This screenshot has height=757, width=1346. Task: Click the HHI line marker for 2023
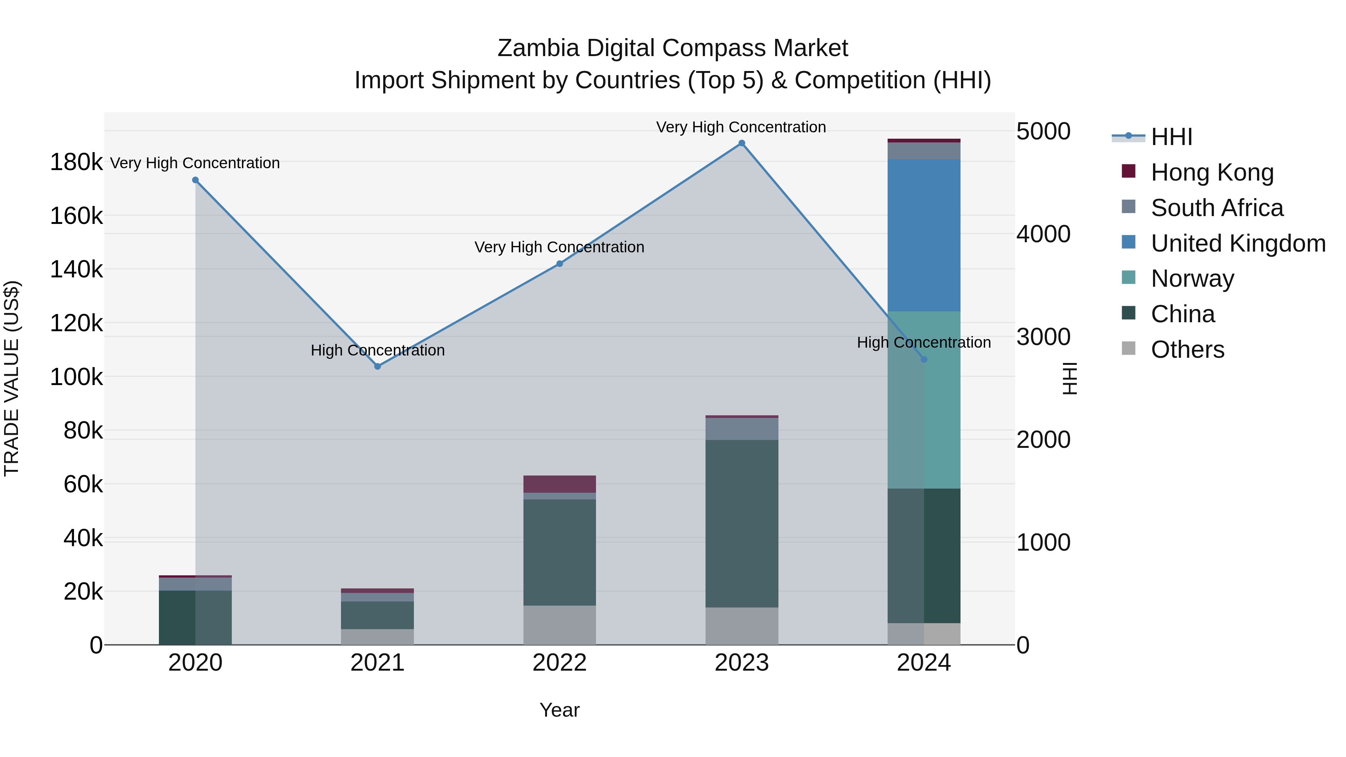coord(741,143)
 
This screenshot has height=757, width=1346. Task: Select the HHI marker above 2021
coord(378,366)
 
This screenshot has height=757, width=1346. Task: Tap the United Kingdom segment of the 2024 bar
coord(924,235)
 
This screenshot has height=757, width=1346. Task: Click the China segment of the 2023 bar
coord(741,523)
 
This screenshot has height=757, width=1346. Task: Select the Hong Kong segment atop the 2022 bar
coord(560,484)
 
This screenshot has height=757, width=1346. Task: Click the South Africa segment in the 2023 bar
coord(741,429)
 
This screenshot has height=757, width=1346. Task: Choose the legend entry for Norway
coord(1192,279)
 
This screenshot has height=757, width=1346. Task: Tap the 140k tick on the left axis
coord(76,270)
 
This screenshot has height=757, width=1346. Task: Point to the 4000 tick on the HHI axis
coord(1043,234)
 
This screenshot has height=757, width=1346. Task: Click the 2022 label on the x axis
coord(560,663)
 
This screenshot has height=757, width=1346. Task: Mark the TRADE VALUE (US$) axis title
coord(12,378)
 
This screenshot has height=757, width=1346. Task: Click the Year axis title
coord(560,710)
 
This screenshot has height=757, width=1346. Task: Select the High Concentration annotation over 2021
coord(378,350)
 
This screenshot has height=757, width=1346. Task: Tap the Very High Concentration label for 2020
coord(195,163)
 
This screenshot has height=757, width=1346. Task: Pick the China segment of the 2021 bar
coord(378,615)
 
